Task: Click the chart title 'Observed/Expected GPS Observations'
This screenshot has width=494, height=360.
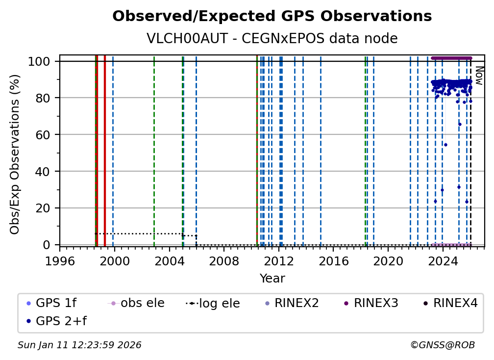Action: coord(272,16)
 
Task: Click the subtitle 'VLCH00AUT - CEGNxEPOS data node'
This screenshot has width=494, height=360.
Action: coord(272,39)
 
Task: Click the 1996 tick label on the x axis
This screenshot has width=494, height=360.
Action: coord(60,261)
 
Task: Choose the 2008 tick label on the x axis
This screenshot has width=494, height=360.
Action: coord(224,261)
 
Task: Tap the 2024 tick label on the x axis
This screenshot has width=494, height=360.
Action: coord(443,261)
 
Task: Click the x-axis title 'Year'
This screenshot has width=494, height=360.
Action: coord(272,279)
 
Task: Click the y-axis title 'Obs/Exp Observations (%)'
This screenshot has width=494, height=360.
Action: coord(15,154)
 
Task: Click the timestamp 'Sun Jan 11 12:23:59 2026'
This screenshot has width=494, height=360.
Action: coord(79,345)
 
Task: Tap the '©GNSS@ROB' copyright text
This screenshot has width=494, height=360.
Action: coord(442,345)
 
